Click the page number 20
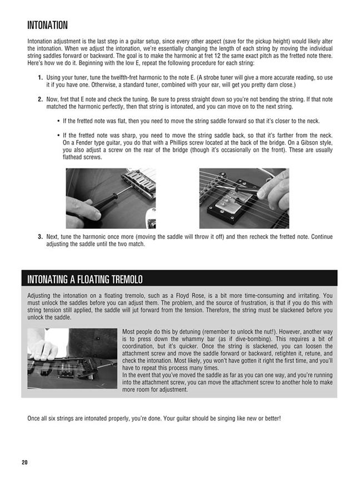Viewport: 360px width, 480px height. (x=24, y=462)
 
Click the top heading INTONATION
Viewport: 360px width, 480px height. (x=47, y=25)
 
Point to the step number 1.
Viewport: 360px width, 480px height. (x=41, y=77)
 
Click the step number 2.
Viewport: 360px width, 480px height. (x=41, y=99)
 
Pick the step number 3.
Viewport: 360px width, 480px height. (x=41, y=237)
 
